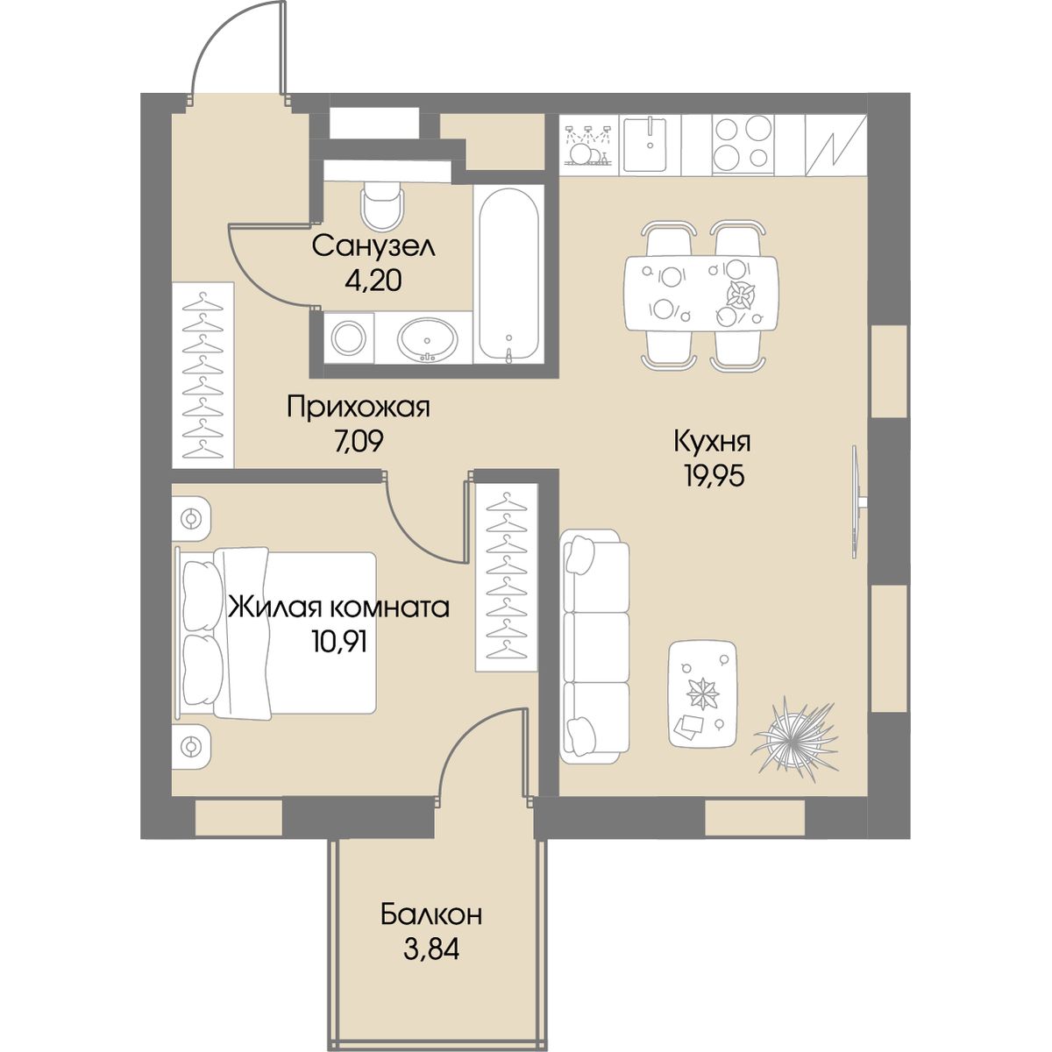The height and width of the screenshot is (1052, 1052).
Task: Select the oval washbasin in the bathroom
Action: click(428, 339)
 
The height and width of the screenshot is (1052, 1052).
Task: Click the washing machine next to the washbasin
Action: click(348, 338)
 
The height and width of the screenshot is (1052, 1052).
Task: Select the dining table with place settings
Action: click(701, 293)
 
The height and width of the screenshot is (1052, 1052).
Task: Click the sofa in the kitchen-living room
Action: click(594, 648)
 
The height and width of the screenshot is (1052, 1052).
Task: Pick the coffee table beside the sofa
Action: click(702, 693)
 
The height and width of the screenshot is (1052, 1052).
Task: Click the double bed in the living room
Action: click(275, 633)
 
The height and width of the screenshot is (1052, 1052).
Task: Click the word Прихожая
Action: click(359, 409)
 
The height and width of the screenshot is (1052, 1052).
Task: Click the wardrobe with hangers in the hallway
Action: click(203, 375)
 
